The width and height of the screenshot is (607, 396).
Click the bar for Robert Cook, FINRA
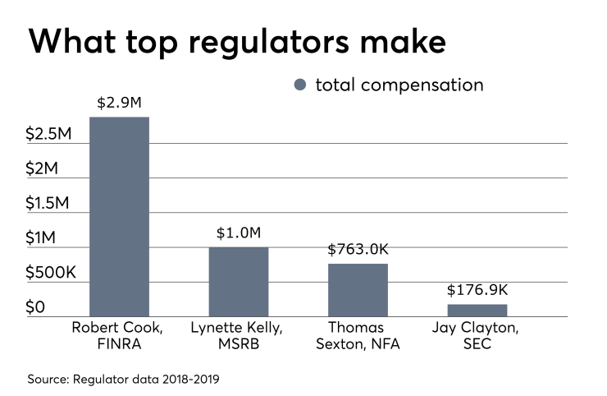pos(119,217)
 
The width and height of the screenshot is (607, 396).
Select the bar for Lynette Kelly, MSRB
pos(238,282)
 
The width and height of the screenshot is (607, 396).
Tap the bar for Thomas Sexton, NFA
pos(358,290)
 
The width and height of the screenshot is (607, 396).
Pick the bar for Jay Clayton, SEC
pos(477,311)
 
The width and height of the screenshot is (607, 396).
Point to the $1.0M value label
pos(238,233)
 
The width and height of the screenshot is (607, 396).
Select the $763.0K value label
pos(358,249)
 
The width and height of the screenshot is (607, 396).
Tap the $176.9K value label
pos(477,290)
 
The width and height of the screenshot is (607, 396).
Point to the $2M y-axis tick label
pos(42,168)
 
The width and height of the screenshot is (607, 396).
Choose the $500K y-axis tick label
pos(50,273)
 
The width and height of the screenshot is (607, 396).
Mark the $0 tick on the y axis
pos(35,307)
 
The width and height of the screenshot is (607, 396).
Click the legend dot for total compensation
pos(299,85)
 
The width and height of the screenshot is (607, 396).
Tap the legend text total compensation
pos(399,85)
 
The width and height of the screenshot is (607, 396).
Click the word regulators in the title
pos(278,43)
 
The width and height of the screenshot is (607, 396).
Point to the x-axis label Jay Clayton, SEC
pos(477,335)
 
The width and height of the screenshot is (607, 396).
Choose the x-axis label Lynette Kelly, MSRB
pos(238,335)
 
